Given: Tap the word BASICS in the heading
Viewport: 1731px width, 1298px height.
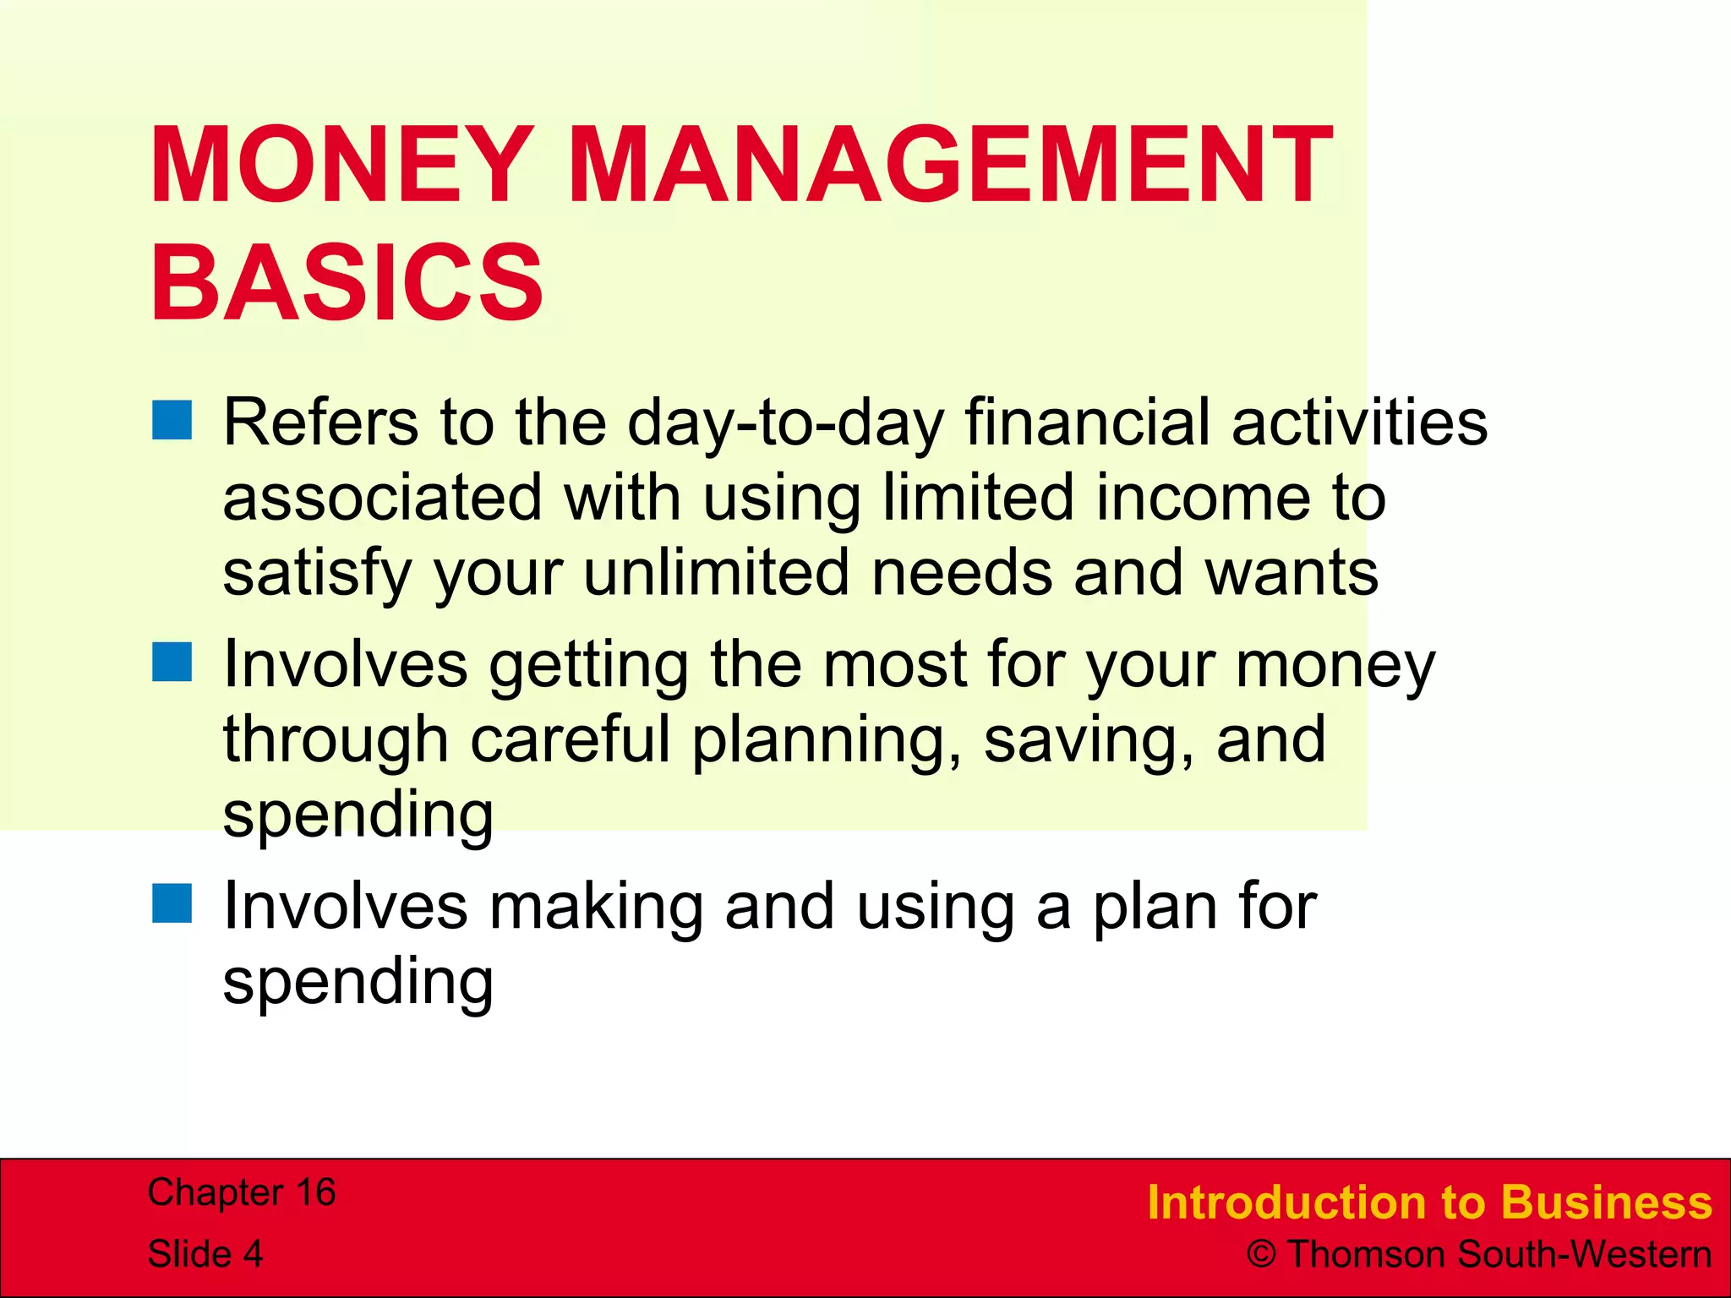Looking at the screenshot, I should [347, 283].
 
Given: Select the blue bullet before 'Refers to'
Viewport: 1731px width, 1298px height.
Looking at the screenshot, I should [172, 420].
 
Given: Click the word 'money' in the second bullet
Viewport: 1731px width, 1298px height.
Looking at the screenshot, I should [1335, 666].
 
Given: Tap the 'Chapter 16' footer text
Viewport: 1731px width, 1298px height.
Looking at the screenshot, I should [242, 1192].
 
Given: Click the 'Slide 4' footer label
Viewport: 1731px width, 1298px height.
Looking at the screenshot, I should [205, 1253].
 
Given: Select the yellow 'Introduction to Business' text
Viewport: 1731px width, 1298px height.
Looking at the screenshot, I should [1428, 1203].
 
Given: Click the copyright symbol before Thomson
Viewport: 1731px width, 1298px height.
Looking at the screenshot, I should [1261, 1255].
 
